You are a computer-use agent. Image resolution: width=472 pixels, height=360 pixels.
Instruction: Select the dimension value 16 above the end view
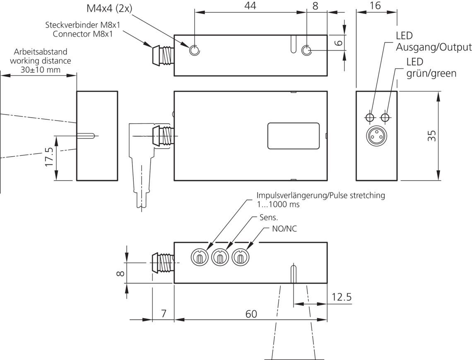tap(375, 5)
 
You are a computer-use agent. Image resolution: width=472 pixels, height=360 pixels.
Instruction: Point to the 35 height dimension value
tap(431, 136)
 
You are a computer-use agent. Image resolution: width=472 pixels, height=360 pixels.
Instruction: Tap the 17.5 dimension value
tap(49, 157)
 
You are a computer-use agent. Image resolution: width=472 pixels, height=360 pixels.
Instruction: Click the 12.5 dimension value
tap(341, 297)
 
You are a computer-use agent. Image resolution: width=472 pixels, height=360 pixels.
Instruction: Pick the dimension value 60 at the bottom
tap(251, 314)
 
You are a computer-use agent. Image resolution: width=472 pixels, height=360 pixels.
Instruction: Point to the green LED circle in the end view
tap(385, 117)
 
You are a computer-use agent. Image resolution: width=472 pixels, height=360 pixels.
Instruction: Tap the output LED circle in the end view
tap(370, 117)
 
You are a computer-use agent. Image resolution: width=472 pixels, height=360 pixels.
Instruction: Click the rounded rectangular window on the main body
tap(294, 135)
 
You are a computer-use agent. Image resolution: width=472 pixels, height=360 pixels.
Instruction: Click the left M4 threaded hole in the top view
tap(194, 50)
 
